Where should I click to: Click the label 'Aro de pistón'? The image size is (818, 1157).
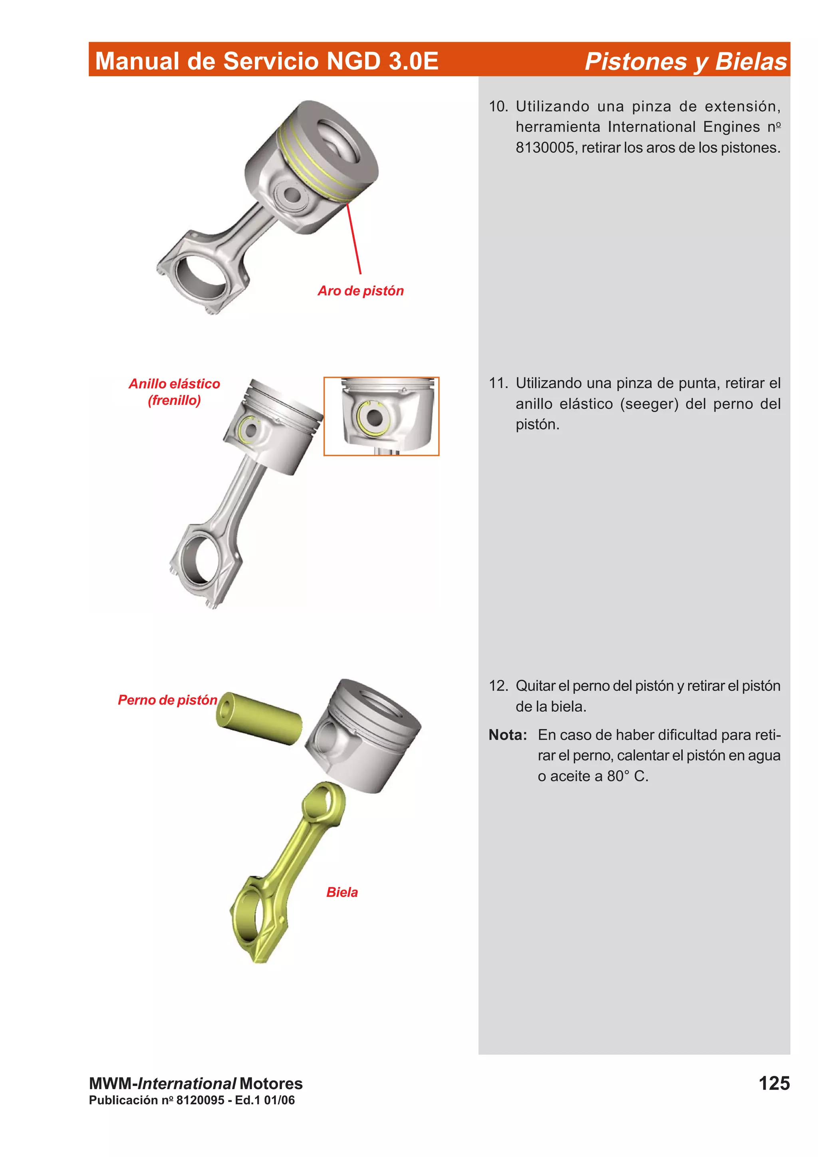tap(360, 291)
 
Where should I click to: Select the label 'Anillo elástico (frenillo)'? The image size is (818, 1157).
tap(175, 392)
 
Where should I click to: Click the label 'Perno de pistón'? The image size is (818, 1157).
tap(167, 699)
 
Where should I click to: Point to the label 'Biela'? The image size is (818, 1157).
tap(342, 892)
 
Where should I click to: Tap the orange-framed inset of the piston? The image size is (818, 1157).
tap(381, 416)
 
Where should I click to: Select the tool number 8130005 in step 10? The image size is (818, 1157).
tap(545, 148)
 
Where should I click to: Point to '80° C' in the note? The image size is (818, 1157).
tap(627, 776)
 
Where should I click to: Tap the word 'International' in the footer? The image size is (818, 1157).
tap(187, 1084)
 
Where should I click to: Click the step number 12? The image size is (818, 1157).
tap(498, 685)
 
